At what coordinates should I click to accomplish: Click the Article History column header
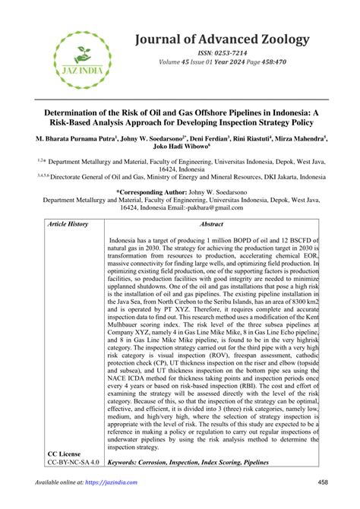pyautogui.click(x=68, y=225)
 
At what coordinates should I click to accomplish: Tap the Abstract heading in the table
pyautogui.click(x=210, y=225)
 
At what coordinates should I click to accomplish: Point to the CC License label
pyautogui.click(x=66, y=454)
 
